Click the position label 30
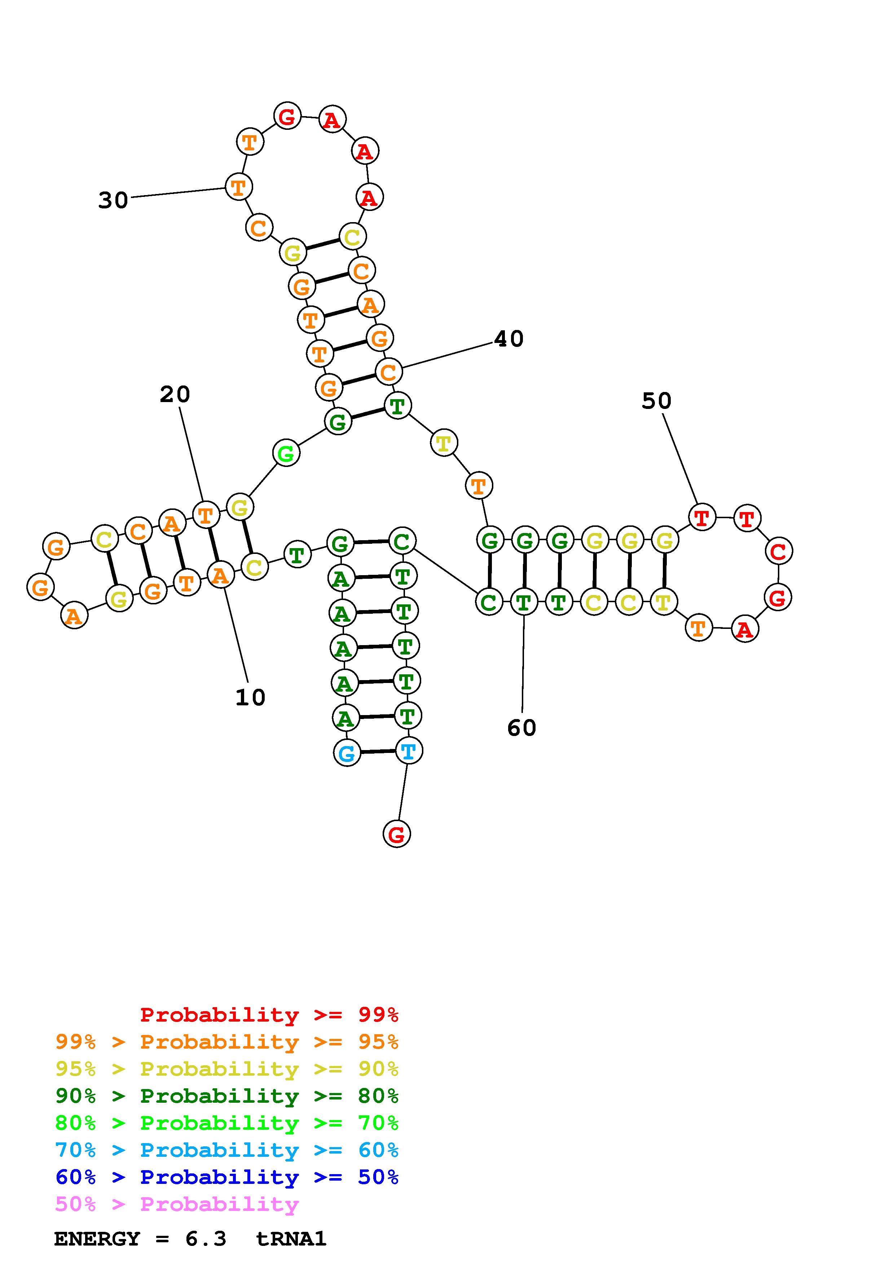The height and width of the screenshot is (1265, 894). tap(113, 200)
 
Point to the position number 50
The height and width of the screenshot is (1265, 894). tap(656, 401)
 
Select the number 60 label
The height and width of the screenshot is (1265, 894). tap(521, 728)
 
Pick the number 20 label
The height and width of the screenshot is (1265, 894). tap(175, 395)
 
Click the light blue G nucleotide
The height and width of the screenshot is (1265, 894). tap(347, 753)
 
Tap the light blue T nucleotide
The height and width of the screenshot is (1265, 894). tap(409, 751)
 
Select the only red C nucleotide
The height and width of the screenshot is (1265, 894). tap(778, 551)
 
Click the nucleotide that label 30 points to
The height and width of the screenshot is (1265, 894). tap(238, 187)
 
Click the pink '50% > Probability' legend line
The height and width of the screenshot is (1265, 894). tap(177, 1204)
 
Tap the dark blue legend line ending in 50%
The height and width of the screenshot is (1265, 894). tap(227, 1177)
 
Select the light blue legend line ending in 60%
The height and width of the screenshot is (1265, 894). tap(227, 1150)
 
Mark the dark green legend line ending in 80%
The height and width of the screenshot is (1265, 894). tap(227, 1096)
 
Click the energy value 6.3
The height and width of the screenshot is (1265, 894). tap(206, 1239)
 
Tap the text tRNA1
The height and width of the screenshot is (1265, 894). tap(291, 1239)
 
